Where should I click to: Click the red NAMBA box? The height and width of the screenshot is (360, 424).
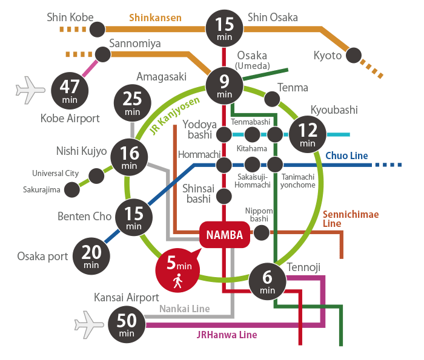[x=225, y=235]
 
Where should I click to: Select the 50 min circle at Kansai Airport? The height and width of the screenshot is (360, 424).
[x=127, y=324]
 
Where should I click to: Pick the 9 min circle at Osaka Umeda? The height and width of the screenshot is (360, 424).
[x=224, y=85]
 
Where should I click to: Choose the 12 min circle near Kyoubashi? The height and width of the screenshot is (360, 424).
[x=307, y=134]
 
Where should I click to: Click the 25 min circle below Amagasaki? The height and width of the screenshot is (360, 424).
[x=132, y=103]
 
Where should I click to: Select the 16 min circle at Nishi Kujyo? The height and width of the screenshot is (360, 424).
[x=129, y=157]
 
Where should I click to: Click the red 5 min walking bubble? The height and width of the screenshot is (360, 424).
[x=178, y=269]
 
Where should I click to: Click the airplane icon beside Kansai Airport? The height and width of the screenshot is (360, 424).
[x=89, y=324]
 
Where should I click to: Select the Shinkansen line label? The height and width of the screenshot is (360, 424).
[x=155, y=18]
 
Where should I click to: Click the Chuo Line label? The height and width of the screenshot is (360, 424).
[x=346, y=156]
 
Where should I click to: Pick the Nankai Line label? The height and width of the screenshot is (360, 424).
[x=184, y=309]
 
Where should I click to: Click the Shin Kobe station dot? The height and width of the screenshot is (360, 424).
[x=97, y=28]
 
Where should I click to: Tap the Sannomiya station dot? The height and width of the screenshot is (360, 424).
[x=103, y=54]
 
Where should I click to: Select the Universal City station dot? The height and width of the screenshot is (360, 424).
[x=96, y=176]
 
